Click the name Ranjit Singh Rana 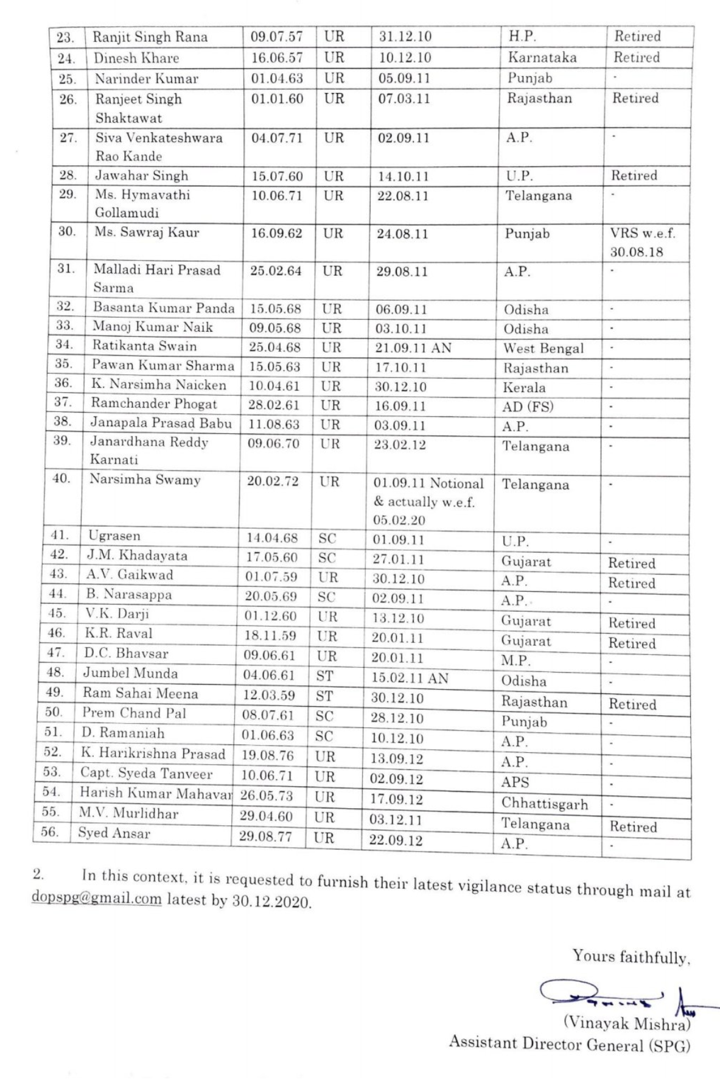coord(150,37)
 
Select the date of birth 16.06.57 coord(277,58)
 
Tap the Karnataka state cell coord(542,58)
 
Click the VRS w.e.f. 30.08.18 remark coord(643,242)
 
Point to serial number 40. coord(61,478)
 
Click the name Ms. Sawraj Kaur coord(147,232)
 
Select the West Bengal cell coord(543,349)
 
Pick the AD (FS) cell coord(527,407)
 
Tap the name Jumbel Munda coord(130,673)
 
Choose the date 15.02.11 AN coord(409,678)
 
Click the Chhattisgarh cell coord(544,804)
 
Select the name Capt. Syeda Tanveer coord(146,774)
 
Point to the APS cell coord(515,782)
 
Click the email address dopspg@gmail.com coord(96,898)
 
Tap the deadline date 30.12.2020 coord(271,901)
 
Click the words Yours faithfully coord(630,957)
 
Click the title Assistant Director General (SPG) coord(569,1045)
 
